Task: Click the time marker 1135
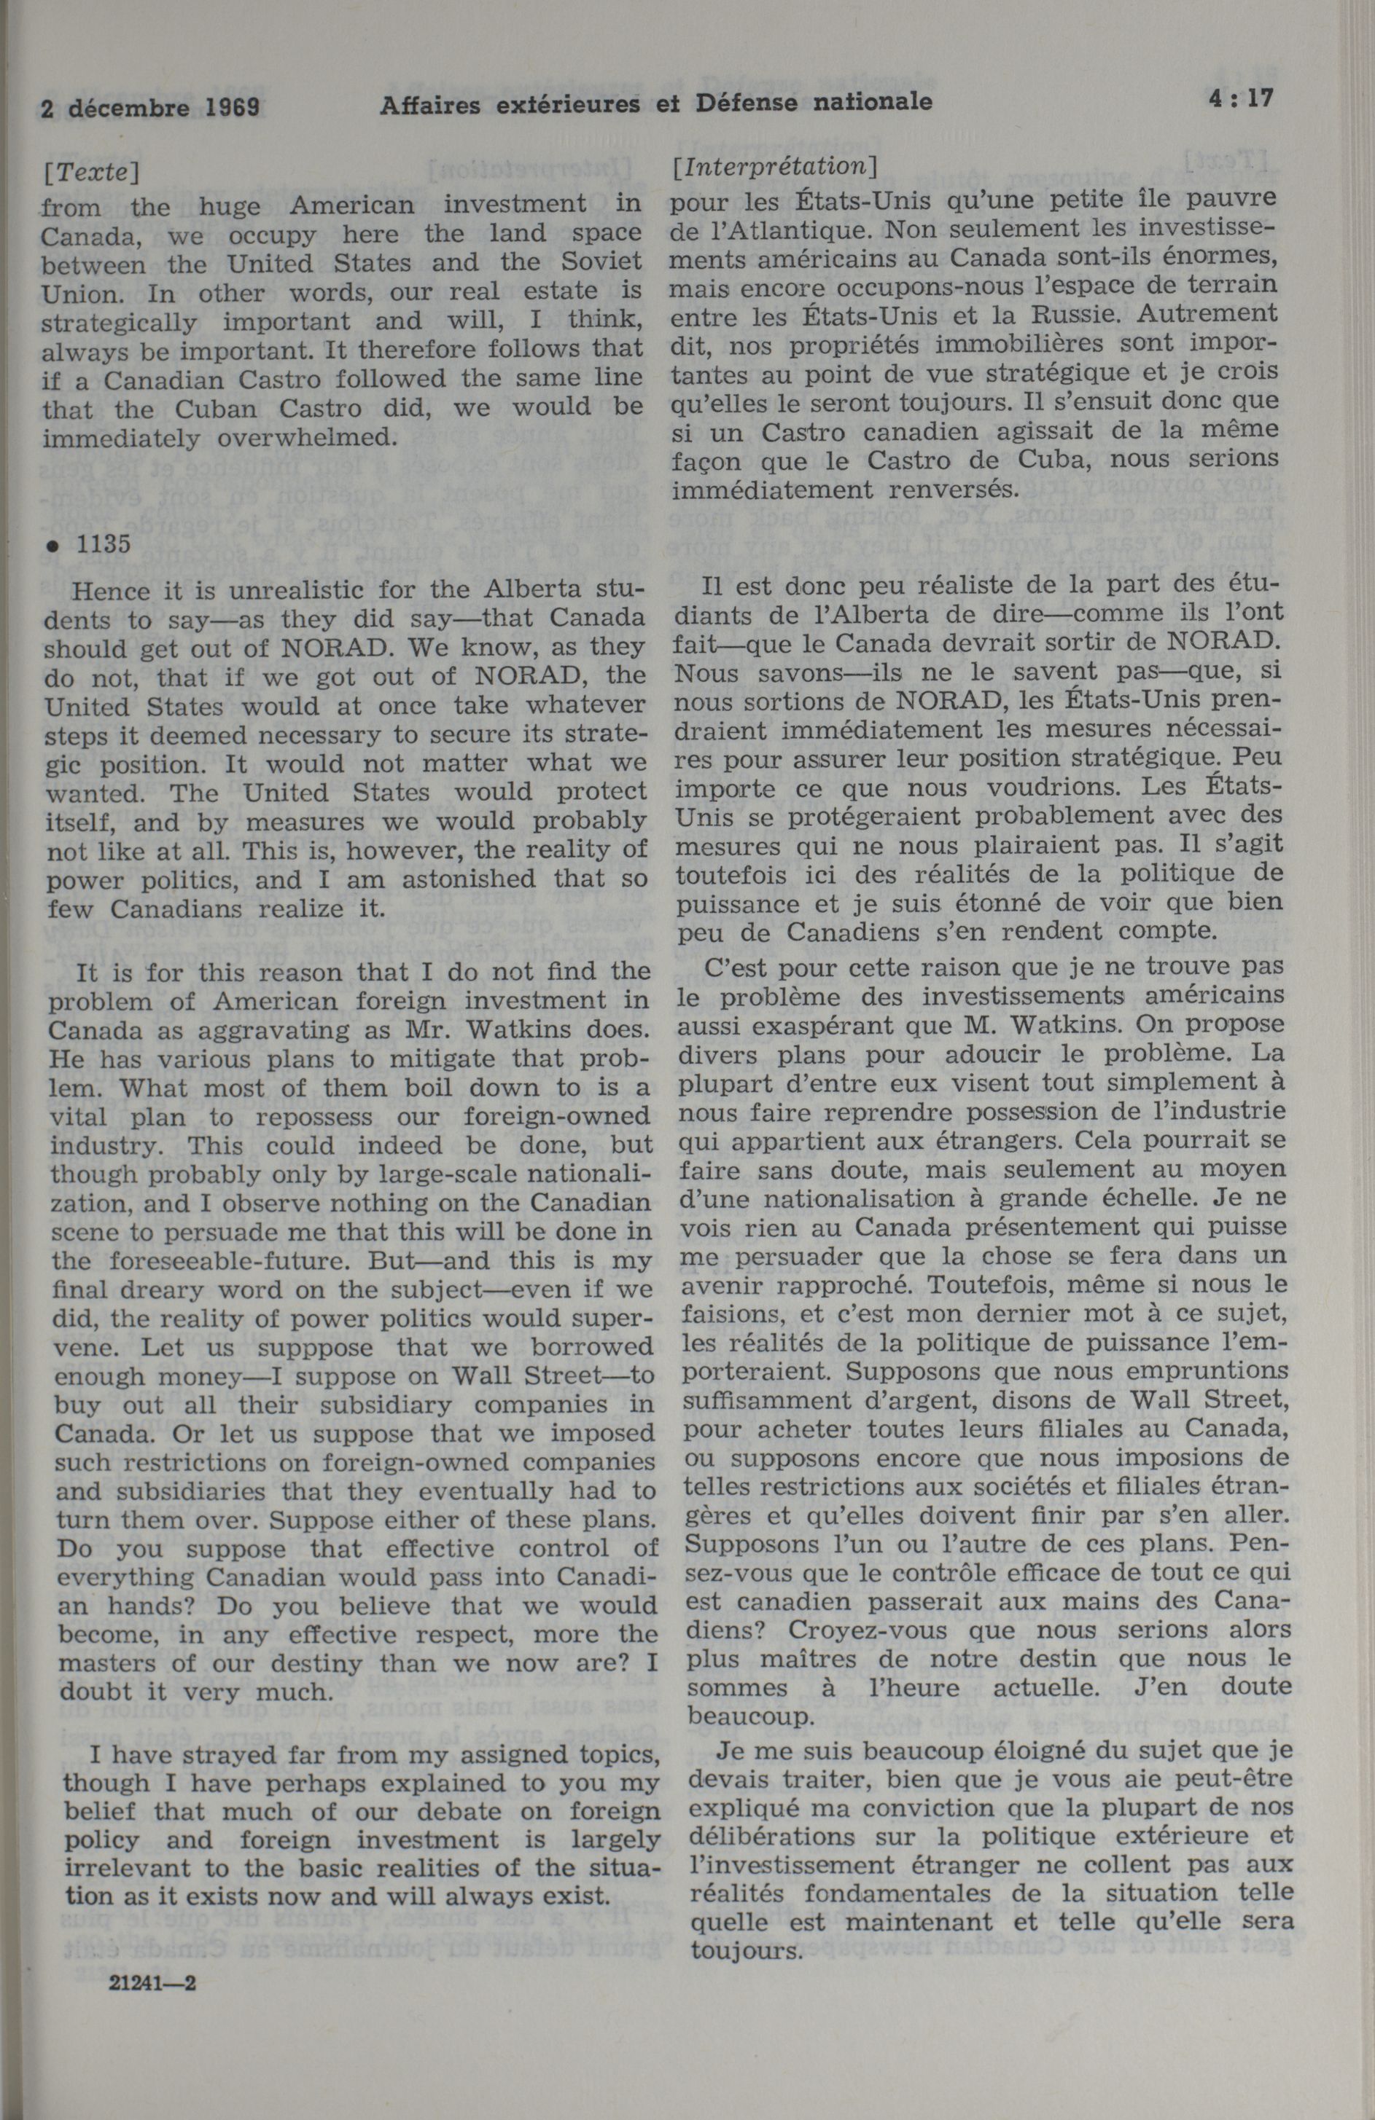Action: (x=104, y=544)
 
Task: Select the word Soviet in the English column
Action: (x=595, y=262)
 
